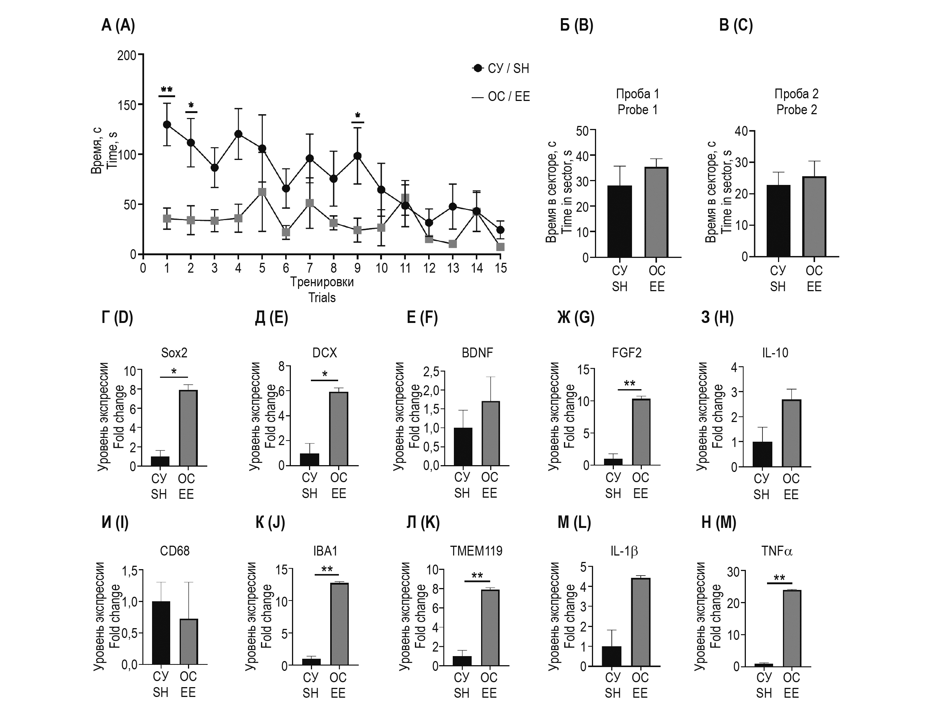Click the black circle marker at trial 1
167,125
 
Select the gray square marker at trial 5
262,192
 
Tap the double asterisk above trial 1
167,90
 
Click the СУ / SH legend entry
501,68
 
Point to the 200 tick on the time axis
126,56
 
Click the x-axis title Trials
322,298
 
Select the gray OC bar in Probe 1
657,212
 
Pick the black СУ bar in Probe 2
778,221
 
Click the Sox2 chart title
174,353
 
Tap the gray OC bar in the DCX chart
339,429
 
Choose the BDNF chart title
477,353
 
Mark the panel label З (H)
717,318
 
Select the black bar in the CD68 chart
161,633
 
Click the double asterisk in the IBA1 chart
327,569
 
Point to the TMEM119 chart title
476,551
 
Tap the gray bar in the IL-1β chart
640,622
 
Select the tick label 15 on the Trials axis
501,268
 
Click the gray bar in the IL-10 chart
791,433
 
